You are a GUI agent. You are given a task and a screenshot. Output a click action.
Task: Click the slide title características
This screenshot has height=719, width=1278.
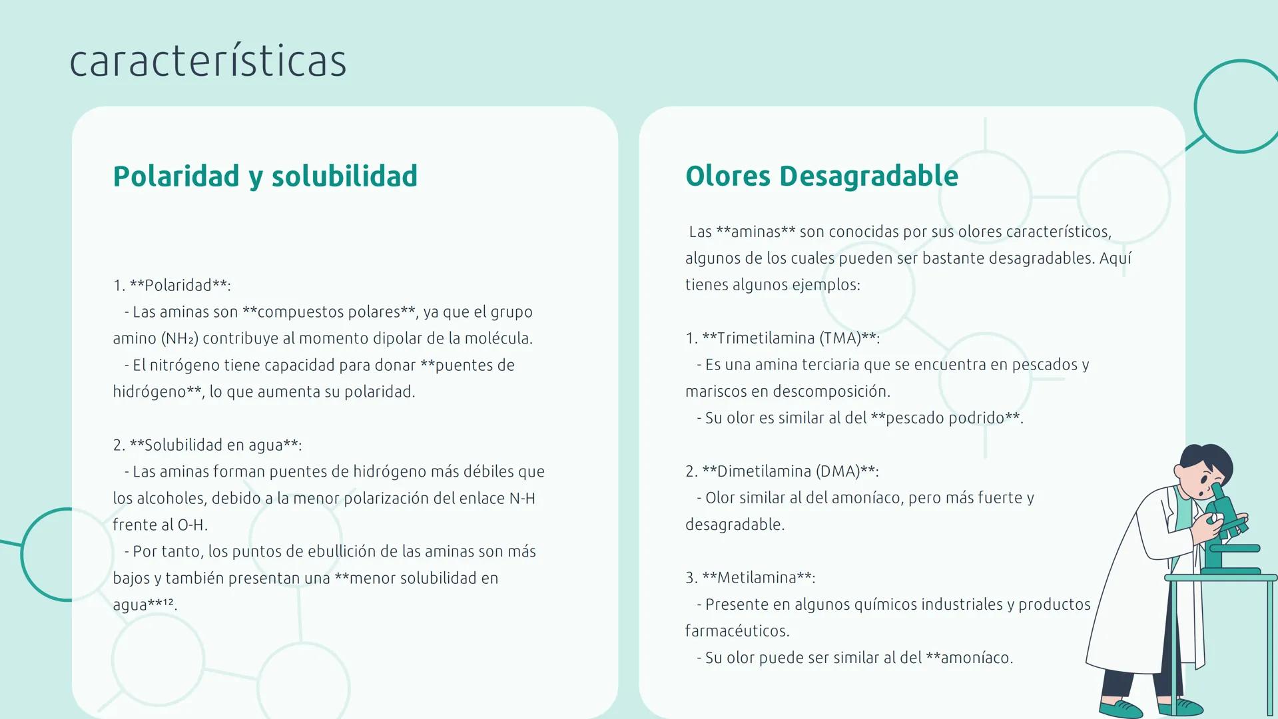pos(208,61)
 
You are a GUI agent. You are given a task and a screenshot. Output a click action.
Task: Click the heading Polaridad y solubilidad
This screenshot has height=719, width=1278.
pos(265,176)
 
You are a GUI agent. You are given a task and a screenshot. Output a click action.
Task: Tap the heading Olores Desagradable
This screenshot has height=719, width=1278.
pos(821,176)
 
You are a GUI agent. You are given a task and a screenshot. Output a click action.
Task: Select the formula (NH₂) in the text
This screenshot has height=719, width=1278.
pos(180,339)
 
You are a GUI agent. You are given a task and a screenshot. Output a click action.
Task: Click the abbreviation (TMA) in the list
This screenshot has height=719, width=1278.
pos(840,338)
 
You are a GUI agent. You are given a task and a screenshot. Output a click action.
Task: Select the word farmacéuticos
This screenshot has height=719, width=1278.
pos(737,631)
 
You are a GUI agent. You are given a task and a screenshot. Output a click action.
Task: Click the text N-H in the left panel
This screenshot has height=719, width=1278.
pos(522,499)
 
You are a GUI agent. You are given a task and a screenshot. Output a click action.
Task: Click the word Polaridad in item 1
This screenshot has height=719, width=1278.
pos(178,286)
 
